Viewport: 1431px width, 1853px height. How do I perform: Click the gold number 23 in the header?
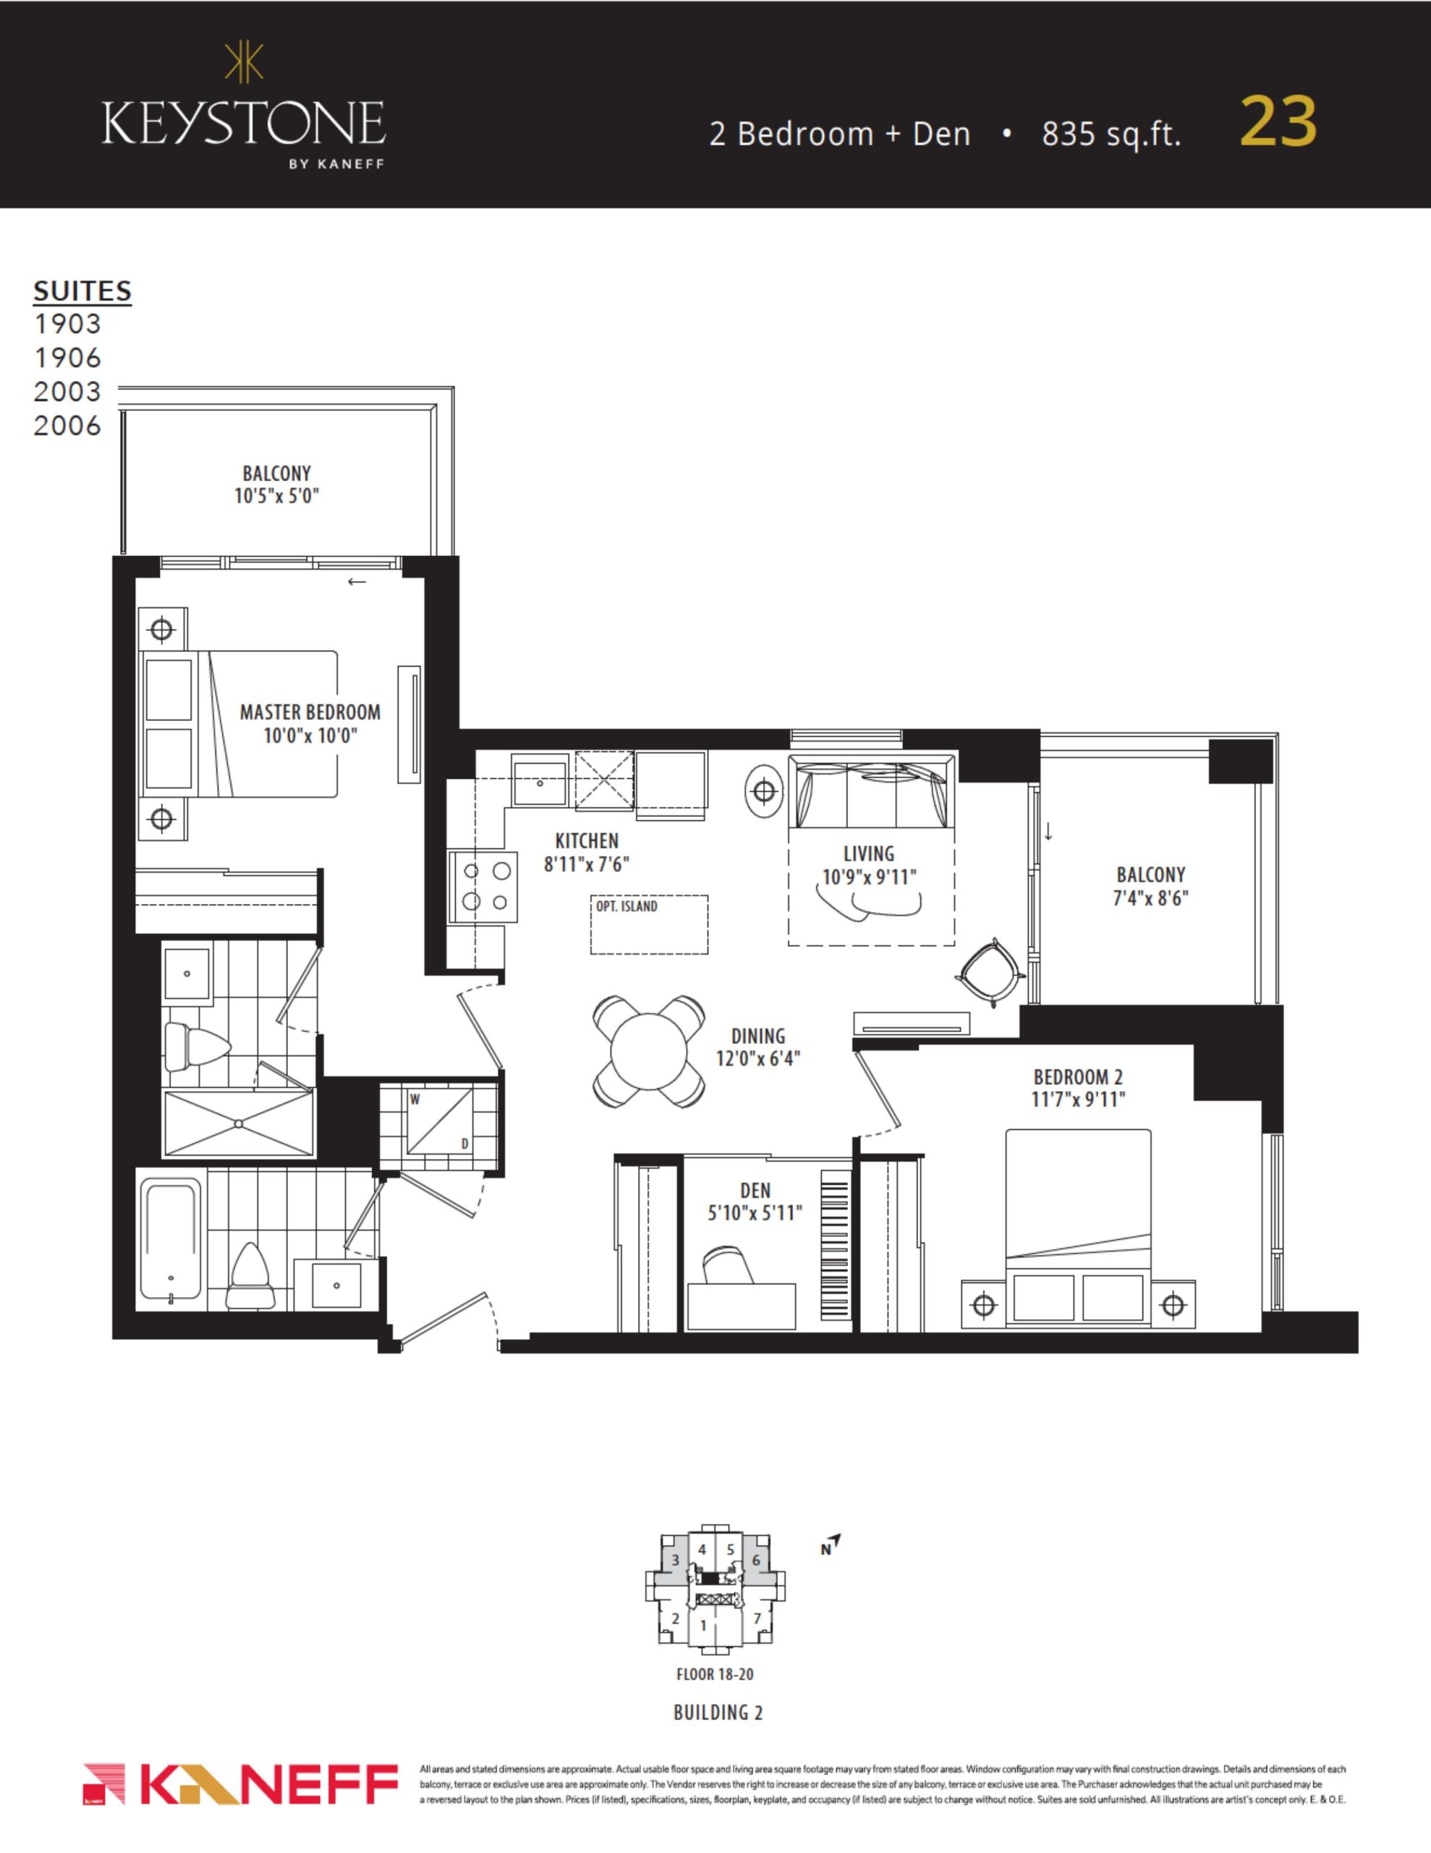1278,122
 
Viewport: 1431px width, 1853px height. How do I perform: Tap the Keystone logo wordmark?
244,124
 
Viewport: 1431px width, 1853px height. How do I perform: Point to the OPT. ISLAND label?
626,906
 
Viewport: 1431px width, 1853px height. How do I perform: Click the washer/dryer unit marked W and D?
439,1122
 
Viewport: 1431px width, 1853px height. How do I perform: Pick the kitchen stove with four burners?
483,887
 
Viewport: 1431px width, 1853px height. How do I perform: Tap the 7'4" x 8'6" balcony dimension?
1150,898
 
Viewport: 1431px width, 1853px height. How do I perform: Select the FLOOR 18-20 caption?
714,1675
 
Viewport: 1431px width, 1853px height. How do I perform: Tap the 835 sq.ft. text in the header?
1111,134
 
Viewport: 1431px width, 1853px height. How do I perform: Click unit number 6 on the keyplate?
756,1561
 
